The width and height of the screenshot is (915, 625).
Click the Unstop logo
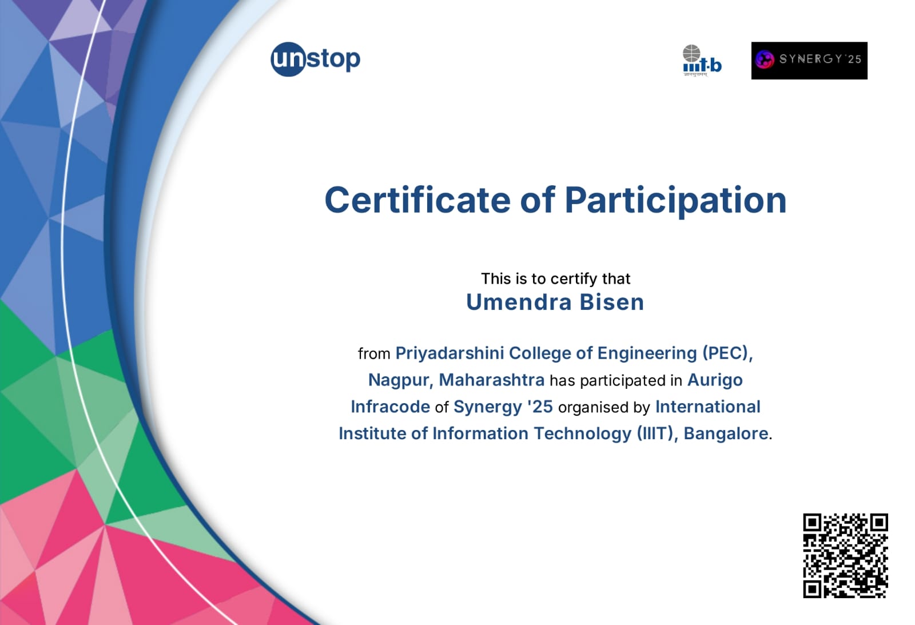[315, 59]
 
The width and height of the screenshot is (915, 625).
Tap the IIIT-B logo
[702, 61]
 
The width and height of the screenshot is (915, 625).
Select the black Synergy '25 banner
[809, 61]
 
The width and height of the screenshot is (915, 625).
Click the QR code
[846, 556]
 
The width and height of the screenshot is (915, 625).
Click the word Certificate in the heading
[417, 200]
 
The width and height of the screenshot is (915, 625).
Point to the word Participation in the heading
[675, 201]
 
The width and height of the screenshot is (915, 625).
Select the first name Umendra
[519, 302]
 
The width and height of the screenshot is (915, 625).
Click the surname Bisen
[612, 302]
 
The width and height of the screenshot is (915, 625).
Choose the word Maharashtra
[491, 380]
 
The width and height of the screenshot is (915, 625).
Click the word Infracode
[391, 407]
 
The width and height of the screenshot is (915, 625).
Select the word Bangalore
[726, 434]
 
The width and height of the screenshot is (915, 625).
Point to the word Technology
[583, 434]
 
